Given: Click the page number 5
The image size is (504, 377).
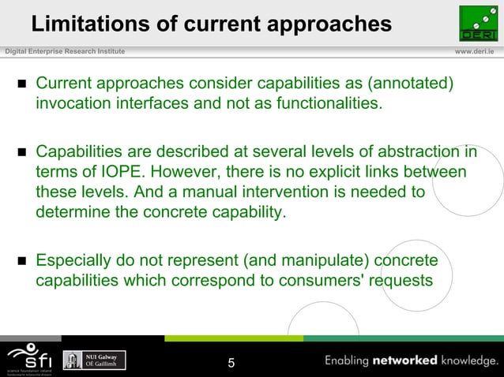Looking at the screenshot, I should (231, 364).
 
